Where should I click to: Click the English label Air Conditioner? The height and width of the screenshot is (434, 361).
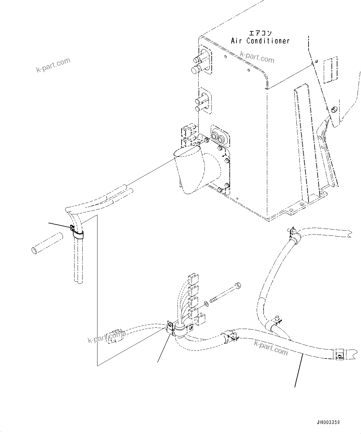(x=260, y=41)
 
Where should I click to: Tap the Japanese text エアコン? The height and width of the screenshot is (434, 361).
(x=260, y=33)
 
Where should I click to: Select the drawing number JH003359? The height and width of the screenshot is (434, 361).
(x=328, y=422)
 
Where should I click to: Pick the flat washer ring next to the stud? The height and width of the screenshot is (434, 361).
(x=205, y=304)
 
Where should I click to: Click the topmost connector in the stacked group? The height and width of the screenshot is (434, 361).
(x=193, y=279)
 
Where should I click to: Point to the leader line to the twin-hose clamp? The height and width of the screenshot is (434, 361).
(x=59, y=226)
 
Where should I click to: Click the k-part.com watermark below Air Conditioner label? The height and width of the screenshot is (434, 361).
(x=257, y=57)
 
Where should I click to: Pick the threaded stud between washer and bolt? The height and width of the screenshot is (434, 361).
(x=215, y=299)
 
